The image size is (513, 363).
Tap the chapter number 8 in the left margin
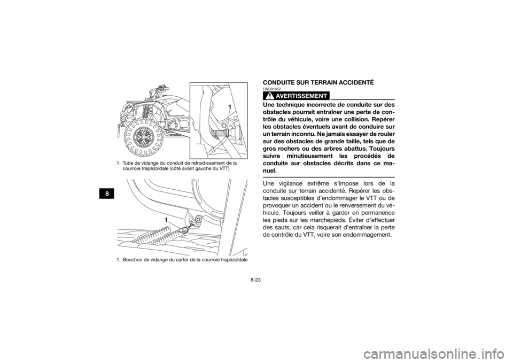107,194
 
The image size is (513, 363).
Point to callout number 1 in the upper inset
229,107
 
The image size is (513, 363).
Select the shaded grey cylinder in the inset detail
220,134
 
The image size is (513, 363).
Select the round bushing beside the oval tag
199,219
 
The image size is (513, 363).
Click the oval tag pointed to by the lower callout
184,230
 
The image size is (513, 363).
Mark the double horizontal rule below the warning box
328,177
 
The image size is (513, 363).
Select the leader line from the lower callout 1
174,225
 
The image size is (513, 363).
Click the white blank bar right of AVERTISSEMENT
362,96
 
